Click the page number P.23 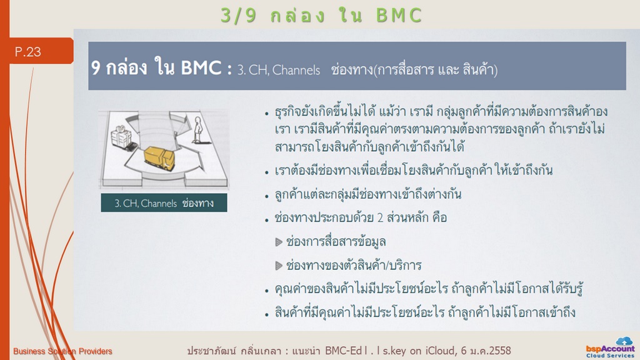point(27,52)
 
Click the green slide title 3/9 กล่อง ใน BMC point(321,16)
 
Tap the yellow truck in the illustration point(159,158)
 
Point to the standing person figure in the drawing point(198,130)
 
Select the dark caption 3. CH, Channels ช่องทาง point(164,203)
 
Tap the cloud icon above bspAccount point(624,341)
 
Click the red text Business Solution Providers point(62,351)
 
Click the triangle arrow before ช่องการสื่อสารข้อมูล point(279,242)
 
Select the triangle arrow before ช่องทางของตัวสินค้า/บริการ point(279,266)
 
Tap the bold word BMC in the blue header point(201,68)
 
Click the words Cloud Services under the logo point(610,356)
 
